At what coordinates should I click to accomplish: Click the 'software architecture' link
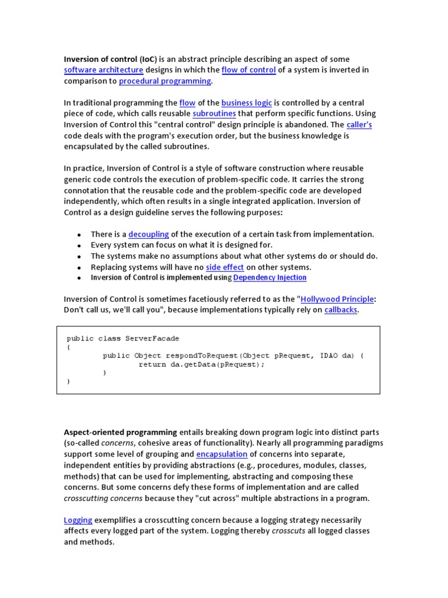pyautogui.click(x=103, y=70)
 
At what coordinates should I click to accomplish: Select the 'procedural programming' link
pyautogui.click(x=164, y=81)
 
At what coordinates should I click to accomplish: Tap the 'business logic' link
pyautogui.click(x=247, y=103)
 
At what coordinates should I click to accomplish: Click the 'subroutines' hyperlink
pyautogui.click(x=214, y=114)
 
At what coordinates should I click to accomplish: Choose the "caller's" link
pyautogui.click(x=359, y=125)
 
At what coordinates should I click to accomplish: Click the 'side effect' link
pyautogui.click(x=225, y=267)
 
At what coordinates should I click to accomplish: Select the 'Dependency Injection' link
pyautogui.click(x=269, y=277)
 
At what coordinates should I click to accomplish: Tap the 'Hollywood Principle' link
pyautogui.click(x=337, y=299)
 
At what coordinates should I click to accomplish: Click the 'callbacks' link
pyautogui.click(x=341, y=310)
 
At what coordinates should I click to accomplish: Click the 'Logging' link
pyautogui.click(x=78, y=520)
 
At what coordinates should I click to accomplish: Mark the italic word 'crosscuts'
pyautogui.click(x=289, y=531)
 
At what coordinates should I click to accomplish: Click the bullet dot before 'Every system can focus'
pyautogui.click(x=79, y=245)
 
